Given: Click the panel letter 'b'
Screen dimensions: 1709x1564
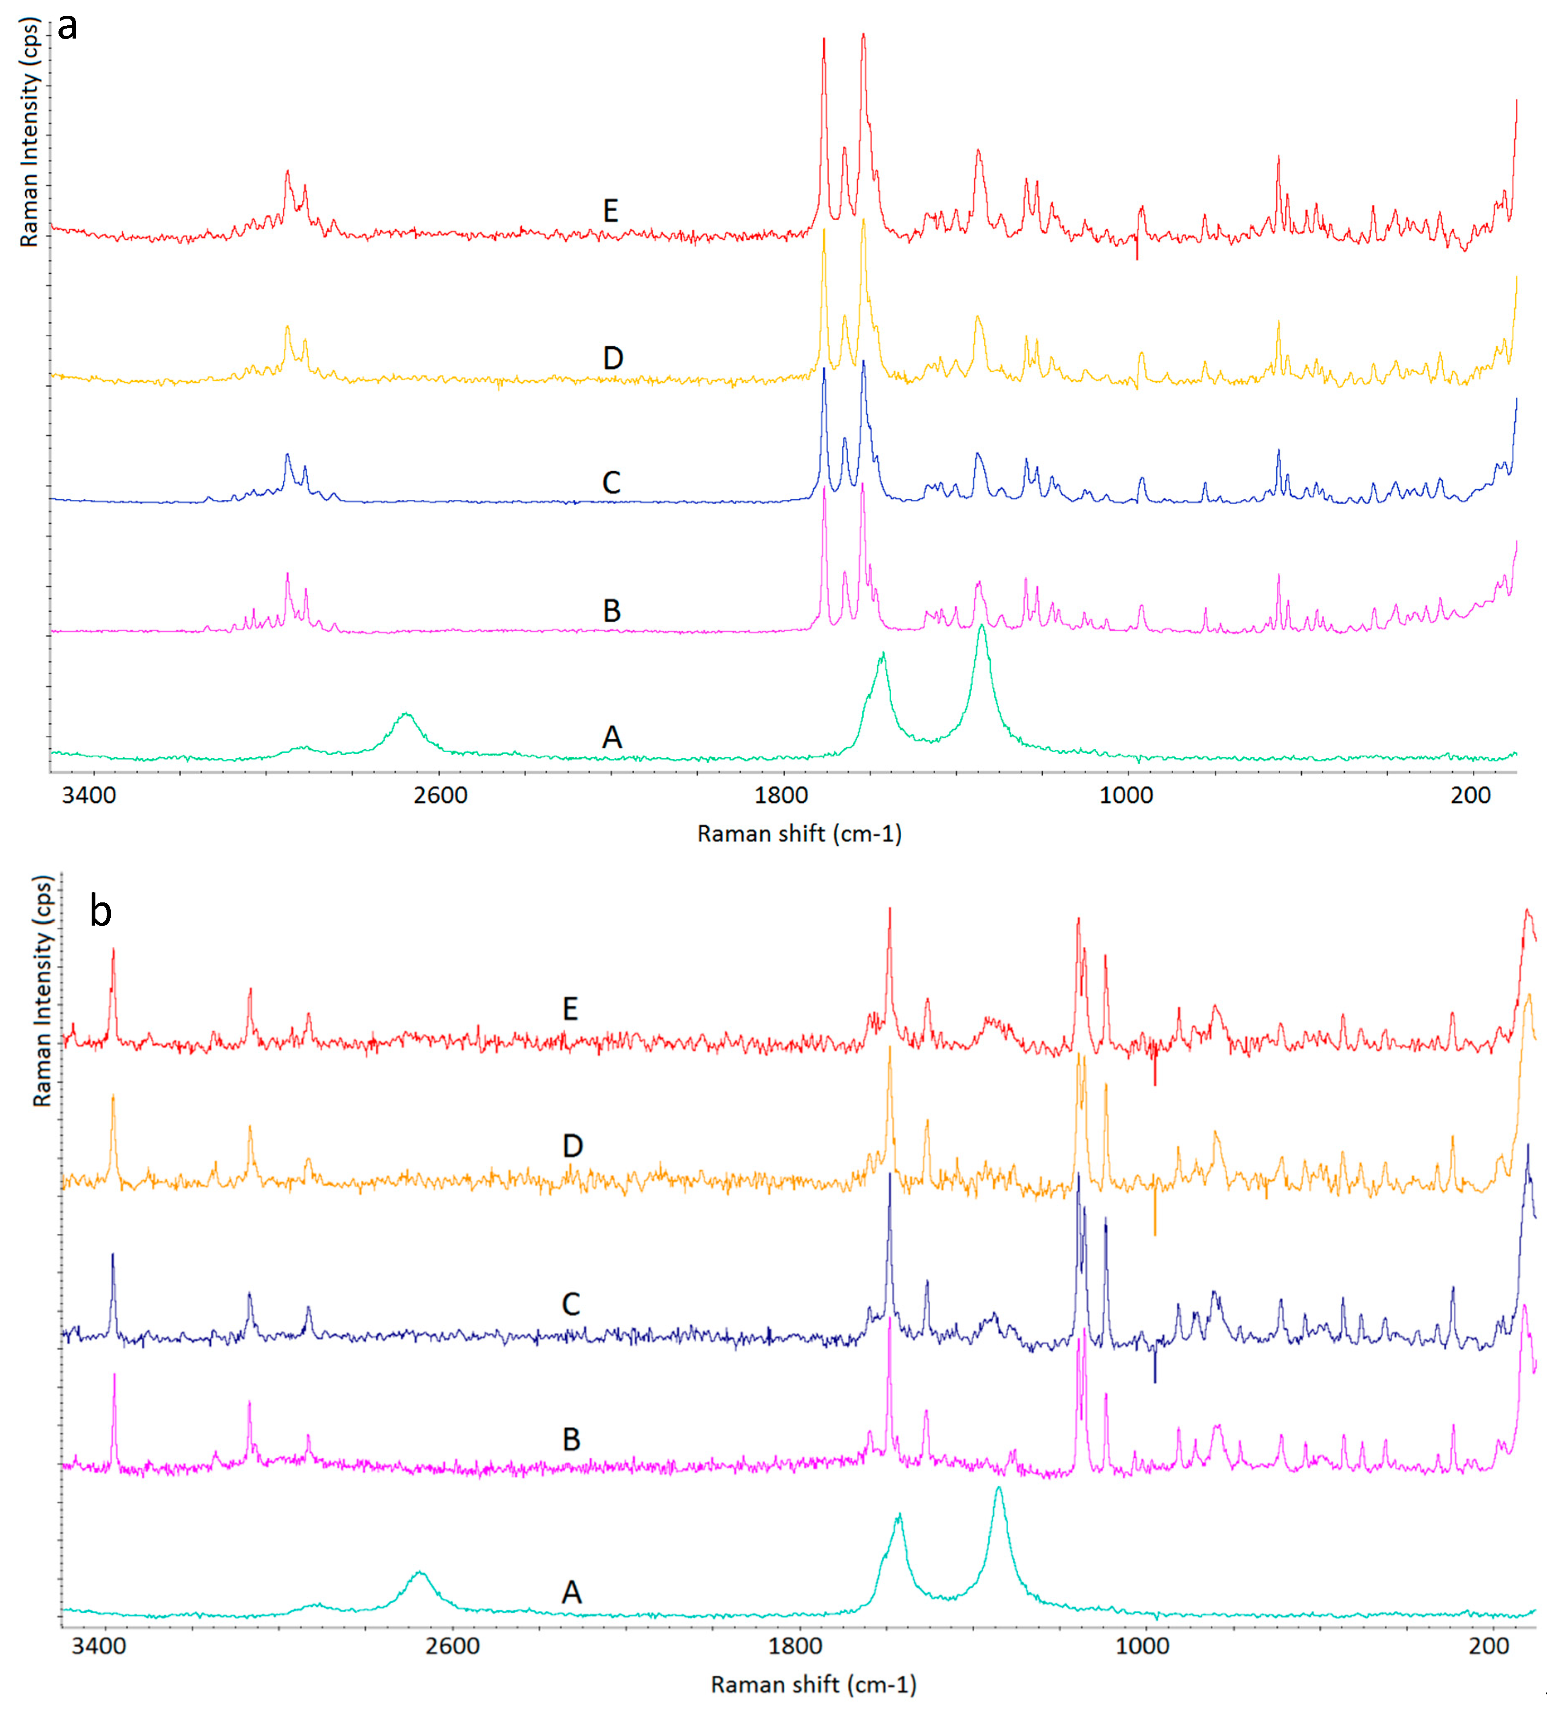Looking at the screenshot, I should tap(100, 913).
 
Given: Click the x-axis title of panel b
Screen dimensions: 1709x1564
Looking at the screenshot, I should tap(813, 1685).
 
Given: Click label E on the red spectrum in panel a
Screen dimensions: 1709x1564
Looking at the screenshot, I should tap(611, 210).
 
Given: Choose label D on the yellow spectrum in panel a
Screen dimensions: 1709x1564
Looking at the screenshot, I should tap(613, 358).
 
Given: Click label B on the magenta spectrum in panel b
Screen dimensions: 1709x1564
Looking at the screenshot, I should tap(572, 1439).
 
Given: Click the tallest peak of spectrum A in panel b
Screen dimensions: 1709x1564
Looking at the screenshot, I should tap(999, 1489).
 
